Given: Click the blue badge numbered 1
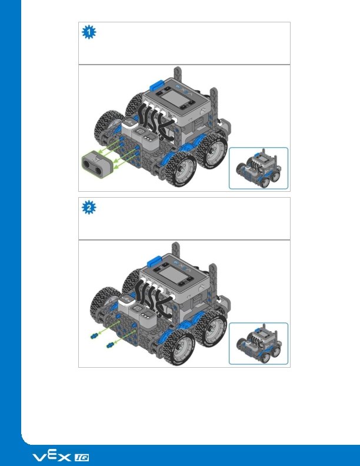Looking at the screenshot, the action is pyautogui.click(x=89, y=32).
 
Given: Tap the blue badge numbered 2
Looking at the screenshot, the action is pyautogui.click(x=89, y=208).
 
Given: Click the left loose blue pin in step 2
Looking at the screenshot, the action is pyautogui.click(x=94, y=336).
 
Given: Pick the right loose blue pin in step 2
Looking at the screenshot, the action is pyautogui.click(x=110, y=345).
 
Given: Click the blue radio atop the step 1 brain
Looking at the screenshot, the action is pyautogui.click(x=158, y=85).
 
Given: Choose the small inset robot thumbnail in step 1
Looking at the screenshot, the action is pyautogui.click(x=258, y=168).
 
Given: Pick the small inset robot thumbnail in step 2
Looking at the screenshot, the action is pyautogui.click(x=258, y=344).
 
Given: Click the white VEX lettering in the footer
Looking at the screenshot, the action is pyautogui.click(x=52, y=456).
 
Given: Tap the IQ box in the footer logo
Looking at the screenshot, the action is pyautogui.click(x=81, y=458).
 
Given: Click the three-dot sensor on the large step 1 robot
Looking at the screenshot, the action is pyautogui.click(x=148, y=140).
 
